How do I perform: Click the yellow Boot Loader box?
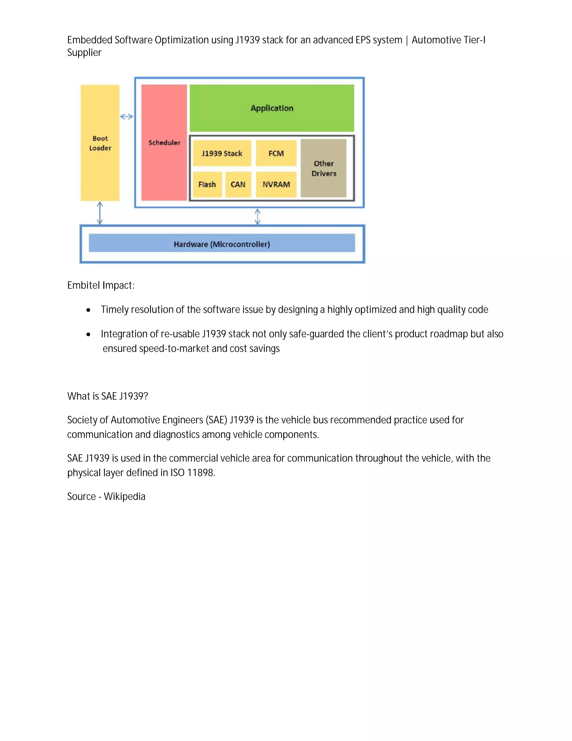pos(100,143)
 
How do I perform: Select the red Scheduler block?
pos(164,143)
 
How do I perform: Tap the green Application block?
pos(272,108)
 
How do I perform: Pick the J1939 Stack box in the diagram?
pos(222,153)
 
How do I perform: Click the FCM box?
pos(276,153)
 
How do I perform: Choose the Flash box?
pos(207,185)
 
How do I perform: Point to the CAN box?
pos(238,185)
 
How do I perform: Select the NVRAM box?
pos(276,185)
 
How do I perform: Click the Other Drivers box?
pos(324,168)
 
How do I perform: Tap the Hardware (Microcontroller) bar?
pos(221,244)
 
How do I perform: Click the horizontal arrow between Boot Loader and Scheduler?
pos(127,117)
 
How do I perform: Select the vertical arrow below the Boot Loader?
pos(100,213)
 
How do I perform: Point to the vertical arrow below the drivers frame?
pos(258,216)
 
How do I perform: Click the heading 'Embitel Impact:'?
pos(101,285)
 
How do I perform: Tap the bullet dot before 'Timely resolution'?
pos(89,310)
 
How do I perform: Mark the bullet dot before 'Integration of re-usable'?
pos(89,334)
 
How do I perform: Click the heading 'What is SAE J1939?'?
pos(108,396)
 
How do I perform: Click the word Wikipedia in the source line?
pos(124,497)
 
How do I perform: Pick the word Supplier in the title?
pos(84,53)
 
